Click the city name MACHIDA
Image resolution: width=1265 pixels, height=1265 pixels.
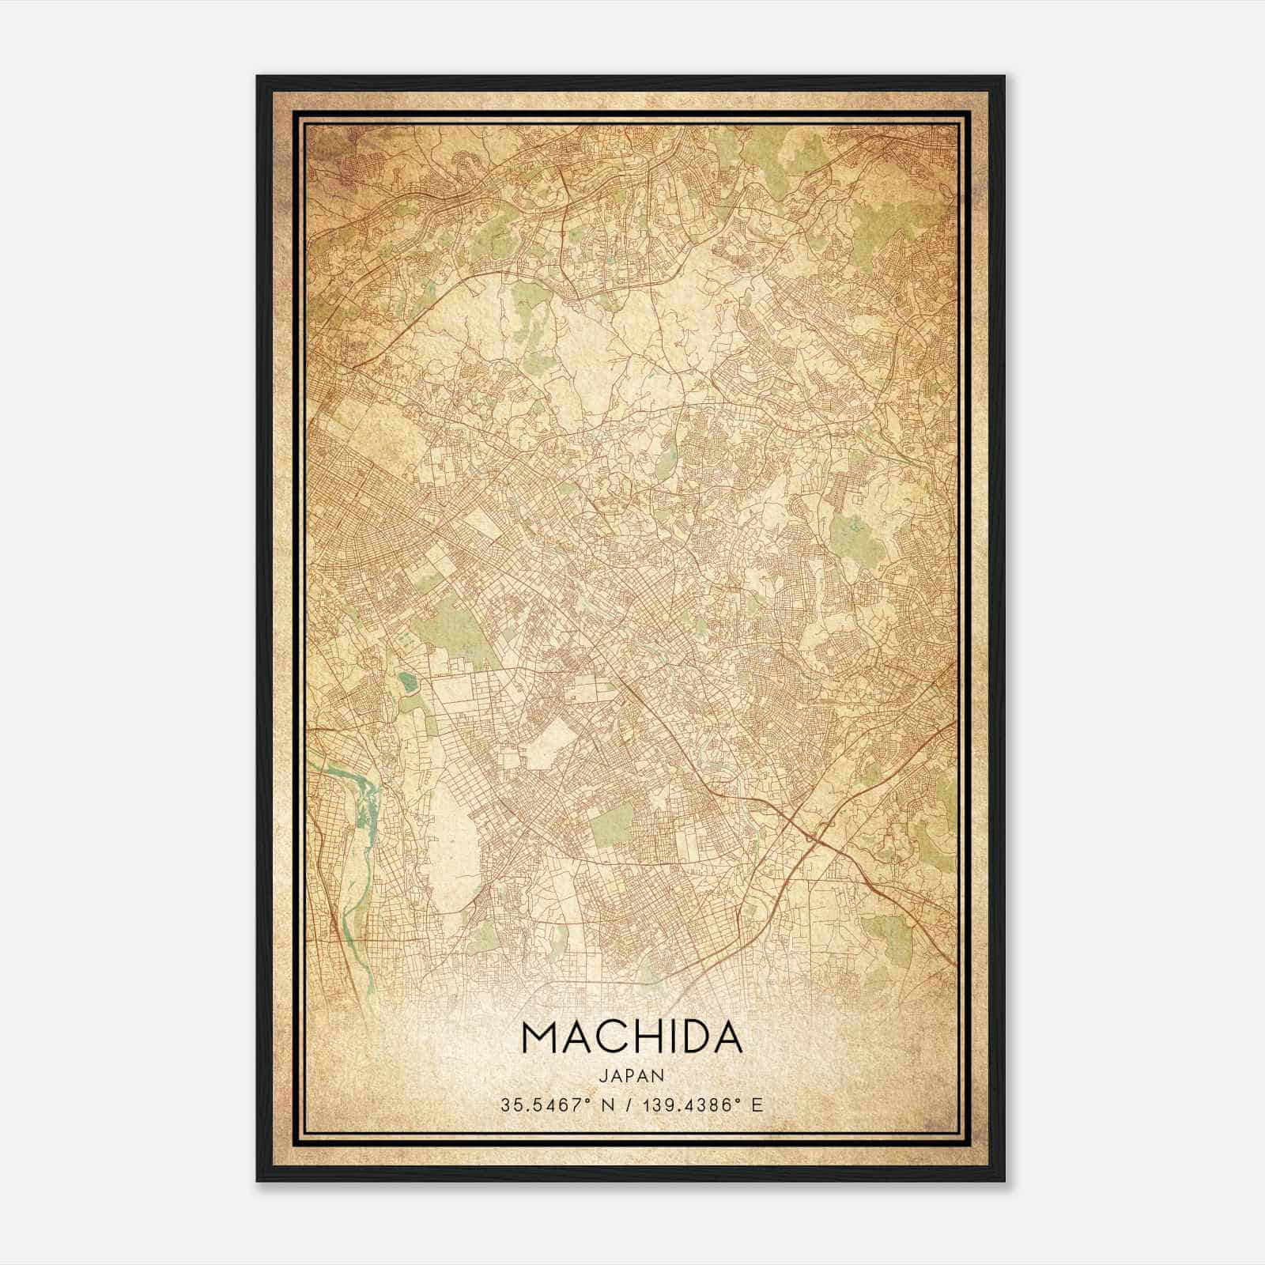632,1039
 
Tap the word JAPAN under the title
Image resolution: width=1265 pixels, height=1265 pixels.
632,1075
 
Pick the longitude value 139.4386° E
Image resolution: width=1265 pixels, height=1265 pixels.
698,1105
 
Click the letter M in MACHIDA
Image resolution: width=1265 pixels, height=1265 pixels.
539,1039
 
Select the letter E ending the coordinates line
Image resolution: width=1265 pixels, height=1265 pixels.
758,1105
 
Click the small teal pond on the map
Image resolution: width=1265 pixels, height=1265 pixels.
407,682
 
